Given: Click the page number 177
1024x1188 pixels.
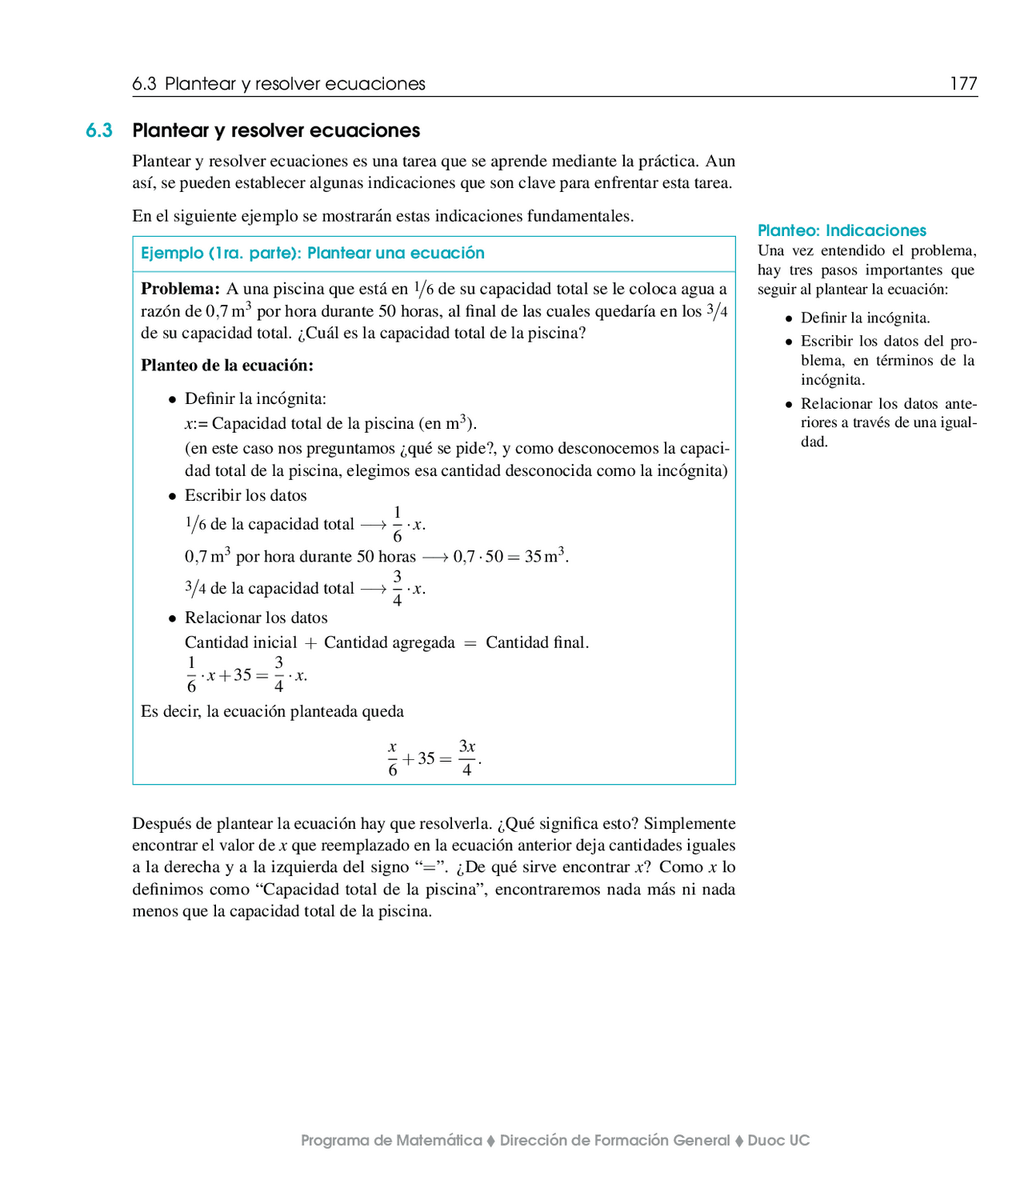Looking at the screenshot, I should pyautogui.click(x=963, y=84).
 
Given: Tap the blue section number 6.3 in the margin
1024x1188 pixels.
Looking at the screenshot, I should pyautogui.click(x=99, y=130).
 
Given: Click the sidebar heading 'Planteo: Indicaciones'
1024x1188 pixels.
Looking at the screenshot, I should pyautogui.click(x=842, y=230).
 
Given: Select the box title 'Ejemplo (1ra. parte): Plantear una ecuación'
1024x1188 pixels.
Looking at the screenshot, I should pyautogui.click(x=313, y=253).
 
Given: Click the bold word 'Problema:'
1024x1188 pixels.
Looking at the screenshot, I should pyautogui.click(x=180, y=289).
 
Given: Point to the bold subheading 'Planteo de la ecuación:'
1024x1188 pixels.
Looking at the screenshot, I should pyautogui.click(x=227, y=366).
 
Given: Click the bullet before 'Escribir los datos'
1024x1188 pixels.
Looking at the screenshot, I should pyautogui.click(x=172, y=497).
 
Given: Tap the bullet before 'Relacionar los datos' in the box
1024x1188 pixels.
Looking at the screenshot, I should pyautogui.click(x=172, y=619).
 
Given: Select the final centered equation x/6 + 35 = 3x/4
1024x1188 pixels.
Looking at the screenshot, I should pyautogui.click(x=434, y=758).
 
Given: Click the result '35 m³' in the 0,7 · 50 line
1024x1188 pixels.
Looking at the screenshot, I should pyautogui.click(x=546, y=556).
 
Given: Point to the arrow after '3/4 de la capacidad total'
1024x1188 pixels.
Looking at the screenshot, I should pyautogui.click(x=373, y=589).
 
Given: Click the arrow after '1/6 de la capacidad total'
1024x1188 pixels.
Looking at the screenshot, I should pyautogui.click(x=373, y=525).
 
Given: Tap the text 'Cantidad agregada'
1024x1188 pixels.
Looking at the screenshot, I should pyautogui.click(x=390, y=642).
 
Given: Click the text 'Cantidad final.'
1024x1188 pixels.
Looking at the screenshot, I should pyautogui.click(x=537, y=642).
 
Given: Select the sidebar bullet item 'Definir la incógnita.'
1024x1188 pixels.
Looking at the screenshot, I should pyautogui.click(x=865, y=318).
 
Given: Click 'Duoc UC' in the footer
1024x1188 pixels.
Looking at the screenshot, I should pyautogui.click(x=778, y=1140).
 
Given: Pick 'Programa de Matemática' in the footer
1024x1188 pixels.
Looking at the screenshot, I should pyautogui.click(x=391, y=1140).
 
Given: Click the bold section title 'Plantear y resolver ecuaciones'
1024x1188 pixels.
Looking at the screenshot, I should pyautogui.click(x=276, y=130).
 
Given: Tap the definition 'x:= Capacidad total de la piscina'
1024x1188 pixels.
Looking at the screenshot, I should pyautogui.click(x=330, y=423).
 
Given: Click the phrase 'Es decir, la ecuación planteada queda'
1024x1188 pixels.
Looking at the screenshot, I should pyautogui.click(x=272, y=711).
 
